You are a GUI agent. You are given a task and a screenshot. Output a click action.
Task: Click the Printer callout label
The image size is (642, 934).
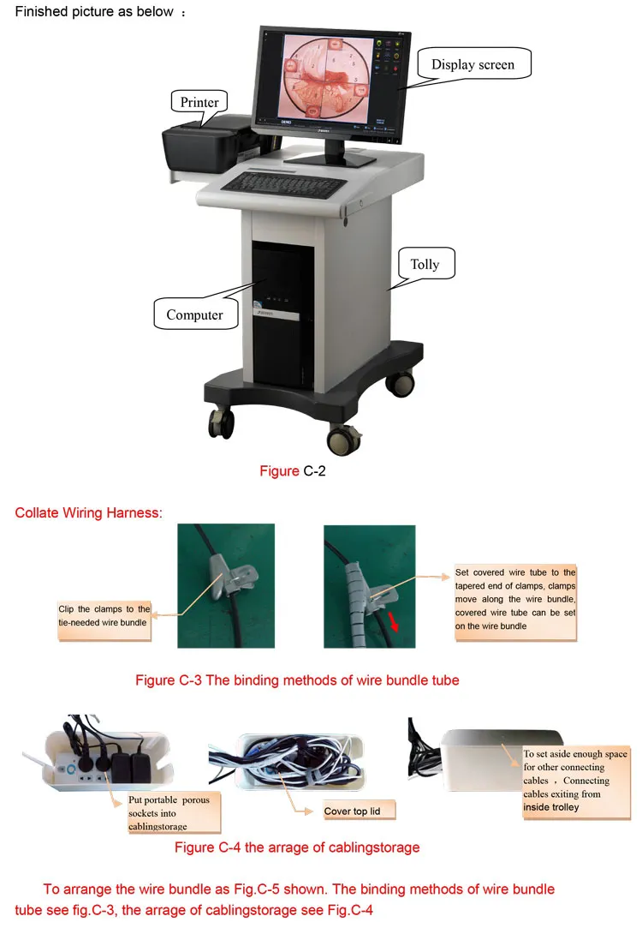199,103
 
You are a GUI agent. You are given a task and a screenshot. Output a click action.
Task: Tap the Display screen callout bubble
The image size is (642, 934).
473,65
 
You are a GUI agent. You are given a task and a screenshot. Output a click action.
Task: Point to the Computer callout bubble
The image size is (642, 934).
194,314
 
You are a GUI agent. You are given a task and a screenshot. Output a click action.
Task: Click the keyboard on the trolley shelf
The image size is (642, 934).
282,183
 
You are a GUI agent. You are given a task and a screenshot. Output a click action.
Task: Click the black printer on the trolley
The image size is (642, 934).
205,146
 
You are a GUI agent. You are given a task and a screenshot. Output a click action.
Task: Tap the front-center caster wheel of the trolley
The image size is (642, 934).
343,440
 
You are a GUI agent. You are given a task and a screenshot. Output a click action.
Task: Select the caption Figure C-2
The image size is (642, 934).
294,471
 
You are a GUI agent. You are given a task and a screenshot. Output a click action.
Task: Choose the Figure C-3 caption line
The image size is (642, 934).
297,680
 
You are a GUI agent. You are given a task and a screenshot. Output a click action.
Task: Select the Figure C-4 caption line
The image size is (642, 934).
297,847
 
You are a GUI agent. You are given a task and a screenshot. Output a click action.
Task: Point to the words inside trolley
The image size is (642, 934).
551,807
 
